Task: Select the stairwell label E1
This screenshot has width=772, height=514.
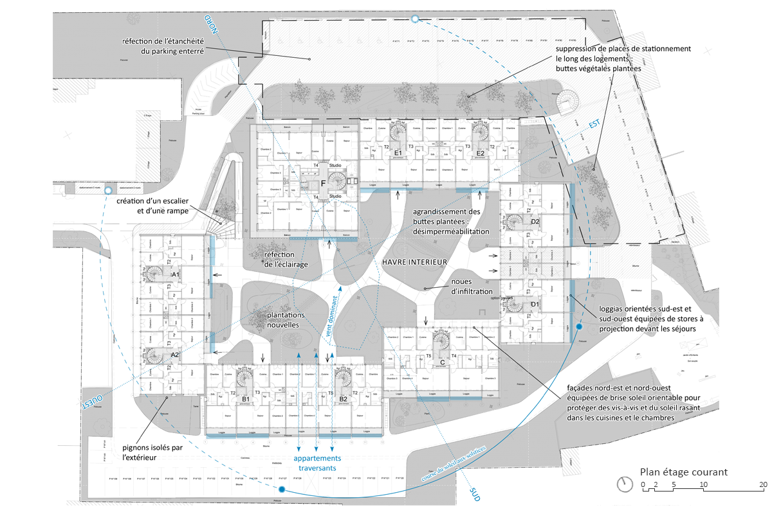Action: pos(398,154)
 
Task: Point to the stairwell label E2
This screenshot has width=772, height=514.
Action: pos(480,154)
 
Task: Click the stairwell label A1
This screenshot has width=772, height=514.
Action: pos(174,274)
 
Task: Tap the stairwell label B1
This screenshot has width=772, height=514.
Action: pos(245,399)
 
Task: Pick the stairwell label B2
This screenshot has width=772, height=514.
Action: pos(343,399)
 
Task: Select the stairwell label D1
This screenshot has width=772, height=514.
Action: pos(535,303)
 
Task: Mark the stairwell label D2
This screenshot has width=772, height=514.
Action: pos(535,222)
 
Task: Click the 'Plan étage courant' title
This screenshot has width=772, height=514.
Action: pos(683,472)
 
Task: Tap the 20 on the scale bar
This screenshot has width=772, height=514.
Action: pos(763,484)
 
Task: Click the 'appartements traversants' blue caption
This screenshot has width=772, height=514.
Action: pos(317,463)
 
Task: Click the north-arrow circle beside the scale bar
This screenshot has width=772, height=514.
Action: pos(623,484)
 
